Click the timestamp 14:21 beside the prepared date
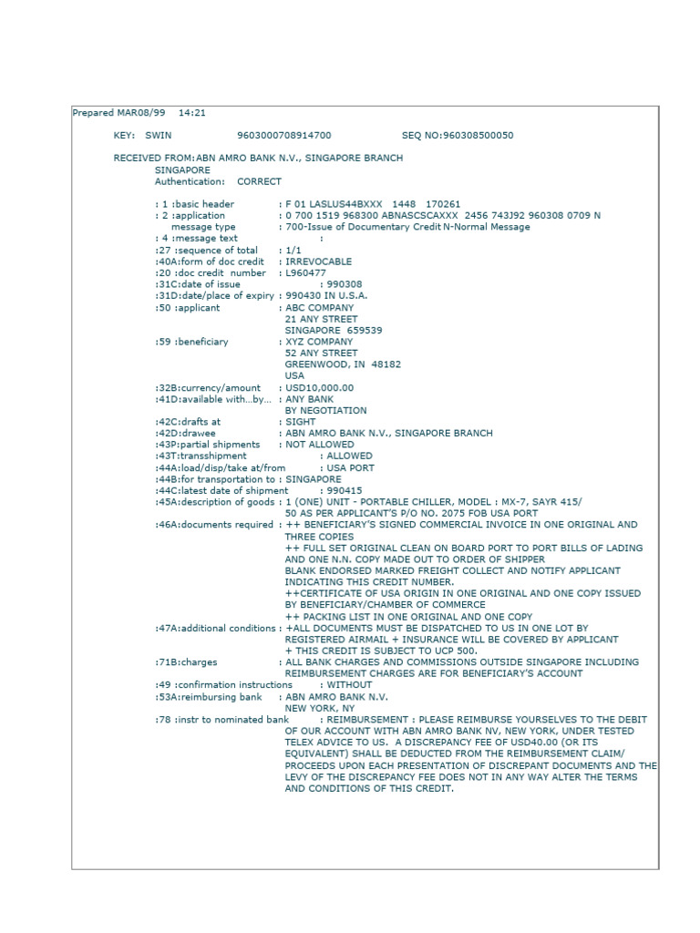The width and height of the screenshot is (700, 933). (192, 113)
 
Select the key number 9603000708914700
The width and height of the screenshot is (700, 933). (284, 135)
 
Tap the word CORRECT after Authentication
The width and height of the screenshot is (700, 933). (259, 181)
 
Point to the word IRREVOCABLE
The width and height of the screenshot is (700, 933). (319, 261)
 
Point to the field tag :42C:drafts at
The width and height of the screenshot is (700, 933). (188, 422)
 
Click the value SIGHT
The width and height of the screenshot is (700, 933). (299, 422)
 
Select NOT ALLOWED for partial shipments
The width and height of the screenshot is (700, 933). (320, 445)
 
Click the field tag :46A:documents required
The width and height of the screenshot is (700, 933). (214, 525)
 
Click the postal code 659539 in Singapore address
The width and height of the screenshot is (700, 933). (364, 331)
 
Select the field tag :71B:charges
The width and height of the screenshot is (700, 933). (186, 662)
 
